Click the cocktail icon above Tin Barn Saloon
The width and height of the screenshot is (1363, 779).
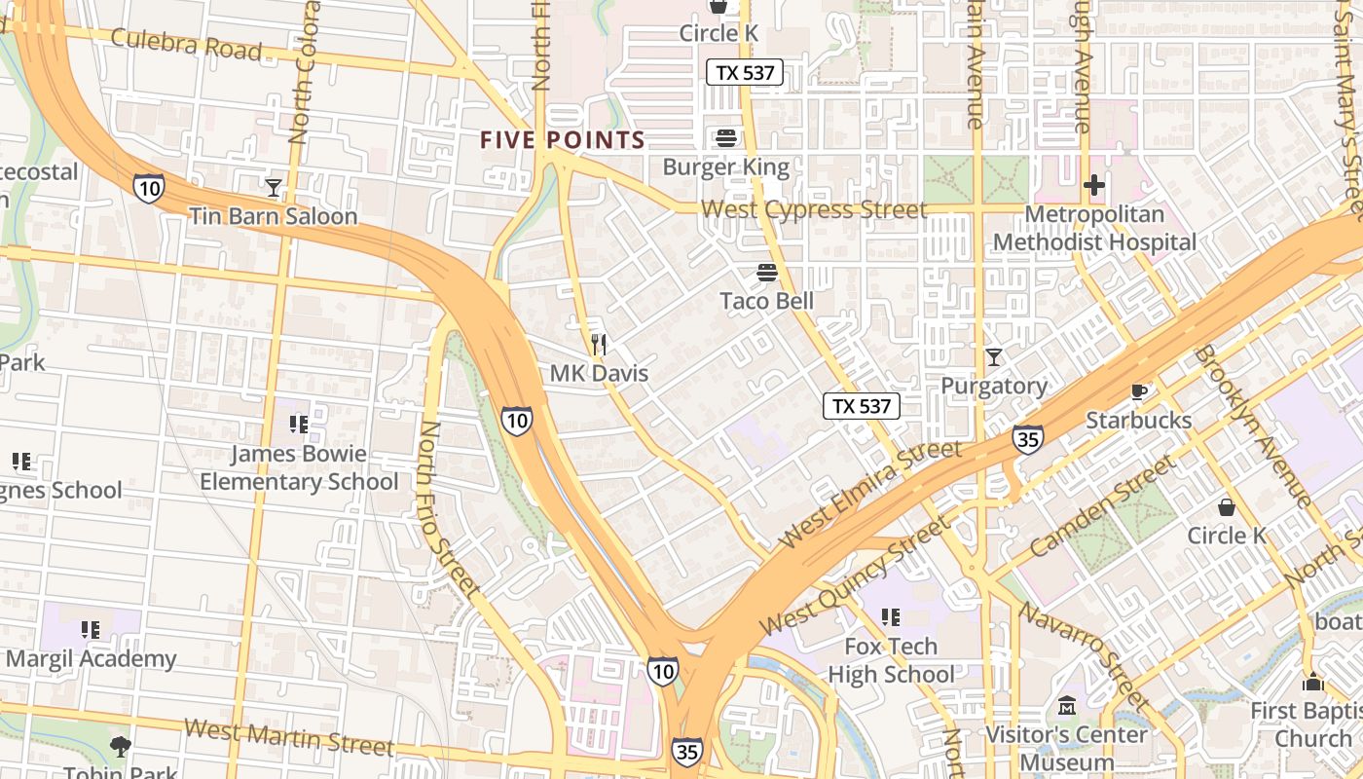click(x=274, y=187)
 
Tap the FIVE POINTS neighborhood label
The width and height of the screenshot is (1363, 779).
click(x=563, y=140)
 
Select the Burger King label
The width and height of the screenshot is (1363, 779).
click(x=725, y=167)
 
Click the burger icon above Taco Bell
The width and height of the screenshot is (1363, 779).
click(x=767, y=273)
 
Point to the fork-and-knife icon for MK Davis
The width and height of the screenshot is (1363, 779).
click(x=600, y=344)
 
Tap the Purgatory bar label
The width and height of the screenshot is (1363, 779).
click(x=994, y=386)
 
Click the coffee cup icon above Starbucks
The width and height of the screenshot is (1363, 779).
click(x=1138, y=391)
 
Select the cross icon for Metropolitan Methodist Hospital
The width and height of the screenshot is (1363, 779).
click(x=1094, y=184)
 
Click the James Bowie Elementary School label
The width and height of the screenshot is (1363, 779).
click(x=299, y=467)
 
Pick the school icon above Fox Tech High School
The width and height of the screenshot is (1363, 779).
click(x=890, y=616)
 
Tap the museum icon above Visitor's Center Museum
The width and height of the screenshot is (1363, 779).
click(x=1067, y=704)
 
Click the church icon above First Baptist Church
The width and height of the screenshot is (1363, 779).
click(x=1313, y=682)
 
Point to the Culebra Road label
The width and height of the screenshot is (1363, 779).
click(x=186, y=44)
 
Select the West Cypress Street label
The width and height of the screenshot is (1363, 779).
click(x=814, y=209)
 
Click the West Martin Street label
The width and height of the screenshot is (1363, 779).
click(x=288, y=736)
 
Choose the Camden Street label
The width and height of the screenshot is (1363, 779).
click(x=1101, y=506)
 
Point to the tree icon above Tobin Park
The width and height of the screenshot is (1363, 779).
click(x=121, y=747)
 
